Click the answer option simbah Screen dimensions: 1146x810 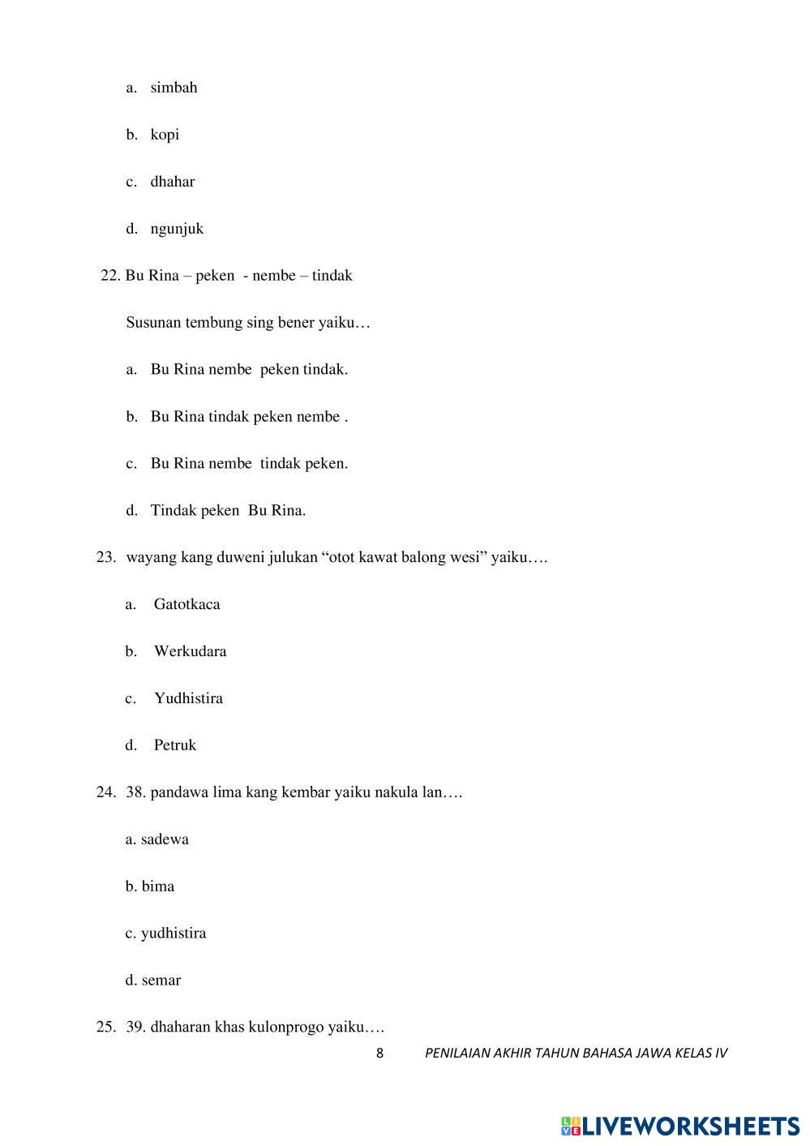coord(174,88)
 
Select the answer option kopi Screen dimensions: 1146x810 coord(165,135)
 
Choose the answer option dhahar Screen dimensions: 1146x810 coord(172,182)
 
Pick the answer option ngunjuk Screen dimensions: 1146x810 coord(177,229)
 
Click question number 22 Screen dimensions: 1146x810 coord(110,276)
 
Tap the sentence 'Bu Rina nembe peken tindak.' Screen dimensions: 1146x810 coord(249,370)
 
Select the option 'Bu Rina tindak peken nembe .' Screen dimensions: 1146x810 coord(249,417)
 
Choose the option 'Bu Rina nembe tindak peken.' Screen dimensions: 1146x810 coord(249,464)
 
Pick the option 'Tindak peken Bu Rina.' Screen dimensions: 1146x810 coord(228,511)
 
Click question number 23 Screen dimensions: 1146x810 coord(106,557)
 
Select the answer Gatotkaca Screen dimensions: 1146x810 coord(186,604)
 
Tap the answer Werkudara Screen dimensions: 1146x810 coord(191,651)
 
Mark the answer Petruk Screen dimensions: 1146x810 coord(175,745)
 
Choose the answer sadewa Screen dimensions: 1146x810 coord(165,839)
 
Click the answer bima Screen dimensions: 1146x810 coord(158,886)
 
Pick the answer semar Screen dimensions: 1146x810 coord(161,981)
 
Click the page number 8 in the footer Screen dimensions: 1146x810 coord(379,1054)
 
